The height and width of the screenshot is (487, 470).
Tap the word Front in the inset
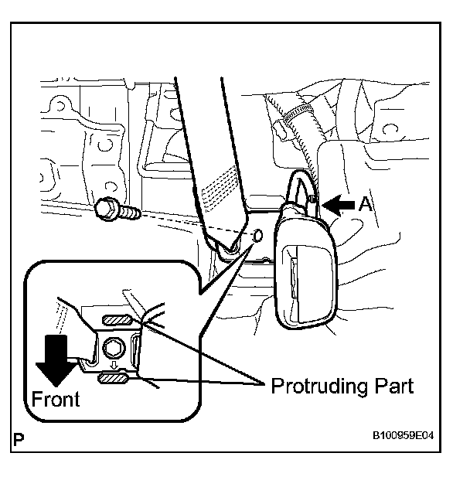pyautogui.click(x=55, y=400)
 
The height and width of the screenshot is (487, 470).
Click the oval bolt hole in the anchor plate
pyautogui.click(x=258, y=235)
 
